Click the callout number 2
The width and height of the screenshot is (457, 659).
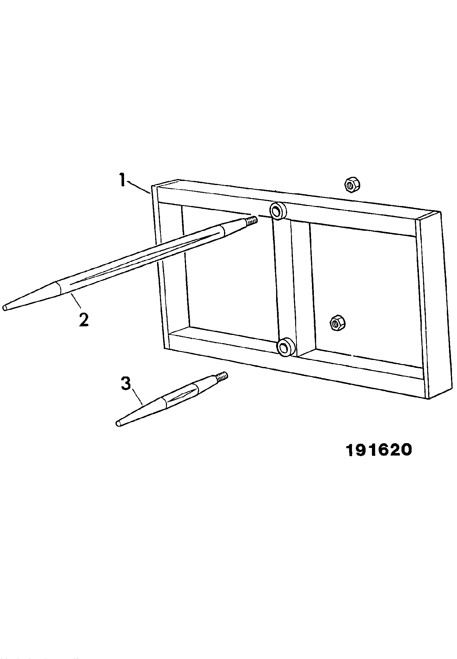84,320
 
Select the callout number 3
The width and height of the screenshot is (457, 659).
126,383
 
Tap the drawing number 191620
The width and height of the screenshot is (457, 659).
379,450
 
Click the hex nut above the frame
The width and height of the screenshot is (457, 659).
352,185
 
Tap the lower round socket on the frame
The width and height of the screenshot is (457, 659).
287,347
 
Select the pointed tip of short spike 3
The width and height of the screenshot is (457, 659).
118,423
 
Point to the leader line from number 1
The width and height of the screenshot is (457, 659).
138,186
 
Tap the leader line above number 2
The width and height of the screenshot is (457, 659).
76,300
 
